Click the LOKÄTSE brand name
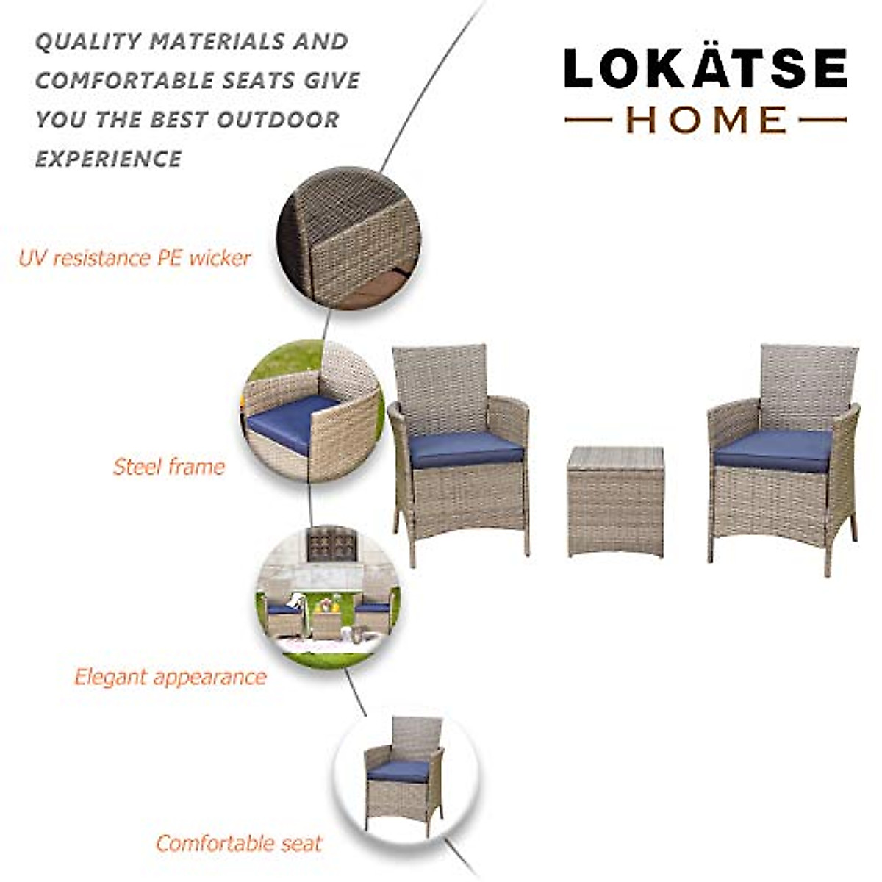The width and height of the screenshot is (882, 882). coord(706,69)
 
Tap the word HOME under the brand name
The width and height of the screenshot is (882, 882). coord(706,120)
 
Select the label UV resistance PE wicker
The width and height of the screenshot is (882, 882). coord(135,258)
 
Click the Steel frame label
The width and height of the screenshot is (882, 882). coord(168,467)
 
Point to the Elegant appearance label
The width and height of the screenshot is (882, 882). coord(170,677)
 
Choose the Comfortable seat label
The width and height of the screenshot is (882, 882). coord(239,843)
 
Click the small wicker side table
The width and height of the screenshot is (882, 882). coord(616,500)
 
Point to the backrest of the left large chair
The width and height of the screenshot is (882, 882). coord(440,388)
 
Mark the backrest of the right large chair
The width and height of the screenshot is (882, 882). coord(808,386)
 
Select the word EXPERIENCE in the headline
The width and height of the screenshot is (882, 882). coord(108,159)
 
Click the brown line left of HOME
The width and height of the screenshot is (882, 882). coord(588,120)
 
